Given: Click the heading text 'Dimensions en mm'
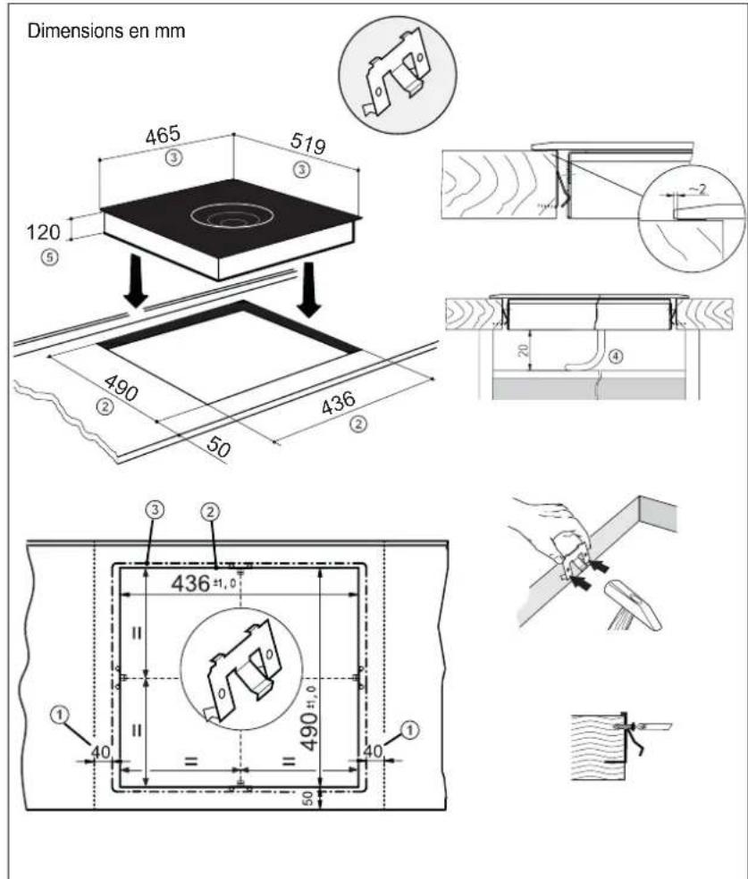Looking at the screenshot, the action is pos(106,31).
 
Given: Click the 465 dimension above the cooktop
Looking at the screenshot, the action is pos(163,135).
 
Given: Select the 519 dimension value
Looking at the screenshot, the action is pos(307,144).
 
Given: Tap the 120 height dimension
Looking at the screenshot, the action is pos(43,231).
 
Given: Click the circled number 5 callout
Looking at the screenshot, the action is pos(50,257).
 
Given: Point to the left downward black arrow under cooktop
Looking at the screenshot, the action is pos(136,280).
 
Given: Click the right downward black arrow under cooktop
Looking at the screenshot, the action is pos(308,289).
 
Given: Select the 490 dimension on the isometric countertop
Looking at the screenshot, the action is pos(121,388).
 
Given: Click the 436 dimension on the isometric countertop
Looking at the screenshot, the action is pos(338,403).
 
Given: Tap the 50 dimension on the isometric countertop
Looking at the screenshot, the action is pos(218,447).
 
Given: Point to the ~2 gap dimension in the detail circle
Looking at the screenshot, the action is pos(698,190).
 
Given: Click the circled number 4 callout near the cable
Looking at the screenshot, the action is pos(615,356).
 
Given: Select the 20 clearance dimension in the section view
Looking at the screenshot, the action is pos(523,350).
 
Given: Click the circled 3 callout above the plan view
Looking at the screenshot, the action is pos(155,510).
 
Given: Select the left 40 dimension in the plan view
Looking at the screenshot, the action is pos(101,751).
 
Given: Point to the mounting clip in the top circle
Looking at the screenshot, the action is pos(397,73).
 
